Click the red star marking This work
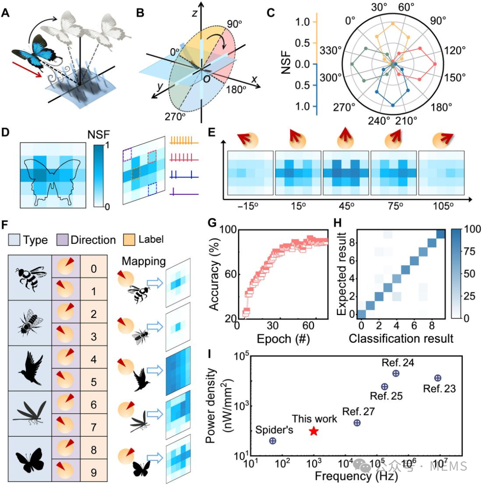[x=314, y=431]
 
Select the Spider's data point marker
[x=273, y=441]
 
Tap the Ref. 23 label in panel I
[x=439, y=389]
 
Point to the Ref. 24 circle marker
[x=395, y=374]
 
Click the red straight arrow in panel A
[x=27, y=70]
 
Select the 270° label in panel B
[x=175, y=117]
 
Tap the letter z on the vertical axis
[x=195, y=12]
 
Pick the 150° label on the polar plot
[x=455, y=77]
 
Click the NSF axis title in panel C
[x=286, y=63]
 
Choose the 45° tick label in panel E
[x=346, y=206]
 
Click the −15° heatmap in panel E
[x=250, y=173]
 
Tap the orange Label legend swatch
[x=129, y=240]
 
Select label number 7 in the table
[x=94, y=427]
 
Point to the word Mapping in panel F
[x=143, y=262]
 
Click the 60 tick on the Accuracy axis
[x=230, y=274]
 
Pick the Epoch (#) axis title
[x=283, y=339]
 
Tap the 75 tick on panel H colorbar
[x=470, y=251]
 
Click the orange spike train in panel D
[x=184, y=141]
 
